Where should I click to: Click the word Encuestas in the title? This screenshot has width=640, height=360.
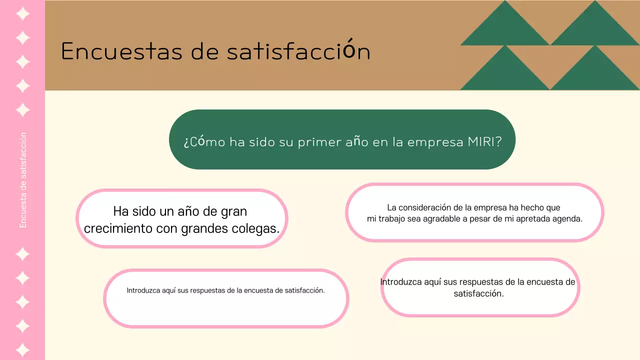(x=121, y=51)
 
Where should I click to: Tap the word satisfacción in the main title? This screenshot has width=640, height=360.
(x=298, y=51)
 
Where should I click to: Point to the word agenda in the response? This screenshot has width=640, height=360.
(x=566, y=219)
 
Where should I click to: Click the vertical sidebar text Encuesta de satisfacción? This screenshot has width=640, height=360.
(x=23, y=180)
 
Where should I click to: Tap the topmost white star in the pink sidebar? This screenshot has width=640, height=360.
(x=22, y=14)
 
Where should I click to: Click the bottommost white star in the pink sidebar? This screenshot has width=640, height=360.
(x=22, y=349)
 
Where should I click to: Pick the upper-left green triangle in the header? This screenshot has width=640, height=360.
(x=505, y=27)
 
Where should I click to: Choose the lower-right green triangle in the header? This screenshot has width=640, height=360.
(x=594, y=72)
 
